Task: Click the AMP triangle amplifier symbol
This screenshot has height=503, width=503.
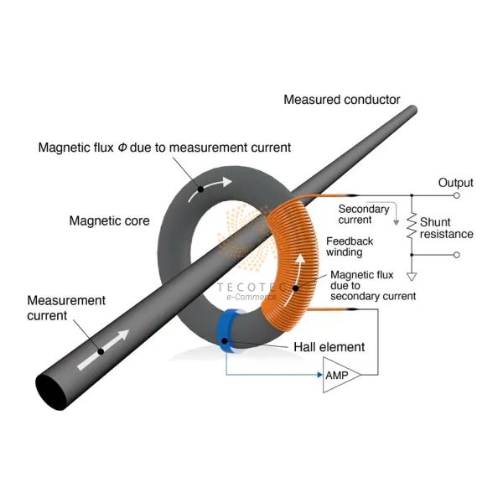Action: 340,377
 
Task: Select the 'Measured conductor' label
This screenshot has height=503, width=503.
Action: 342,100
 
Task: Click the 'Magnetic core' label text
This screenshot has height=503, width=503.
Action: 109,221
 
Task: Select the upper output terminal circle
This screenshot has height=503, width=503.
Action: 457,195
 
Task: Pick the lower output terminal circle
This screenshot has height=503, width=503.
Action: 457,254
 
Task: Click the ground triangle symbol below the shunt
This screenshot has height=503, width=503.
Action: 411,275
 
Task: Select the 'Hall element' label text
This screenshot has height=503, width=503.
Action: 329,346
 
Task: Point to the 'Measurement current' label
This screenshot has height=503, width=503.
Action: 66,308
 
